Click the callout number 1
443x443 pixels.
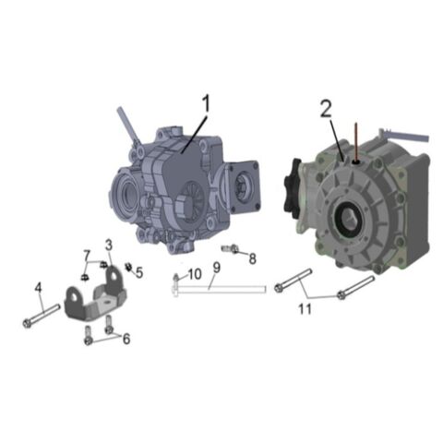point(206,102)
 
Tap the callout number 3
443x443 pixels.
point(108,245)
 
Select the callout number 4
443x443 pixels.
point(39,289)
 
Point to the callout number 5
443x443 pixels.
point(139,272)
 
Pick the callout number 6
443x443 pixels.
point(126,339)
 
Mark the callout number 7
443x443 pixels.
point(87,256)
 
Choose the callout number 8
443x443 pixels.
point(252,258)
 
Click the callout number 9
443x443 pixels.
point(216,269)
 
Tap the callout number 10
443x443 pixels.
point(194,274)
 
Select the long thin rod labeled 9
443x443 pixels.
point(221,289)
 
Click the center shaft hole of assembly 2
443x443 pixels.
point(352,219)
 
